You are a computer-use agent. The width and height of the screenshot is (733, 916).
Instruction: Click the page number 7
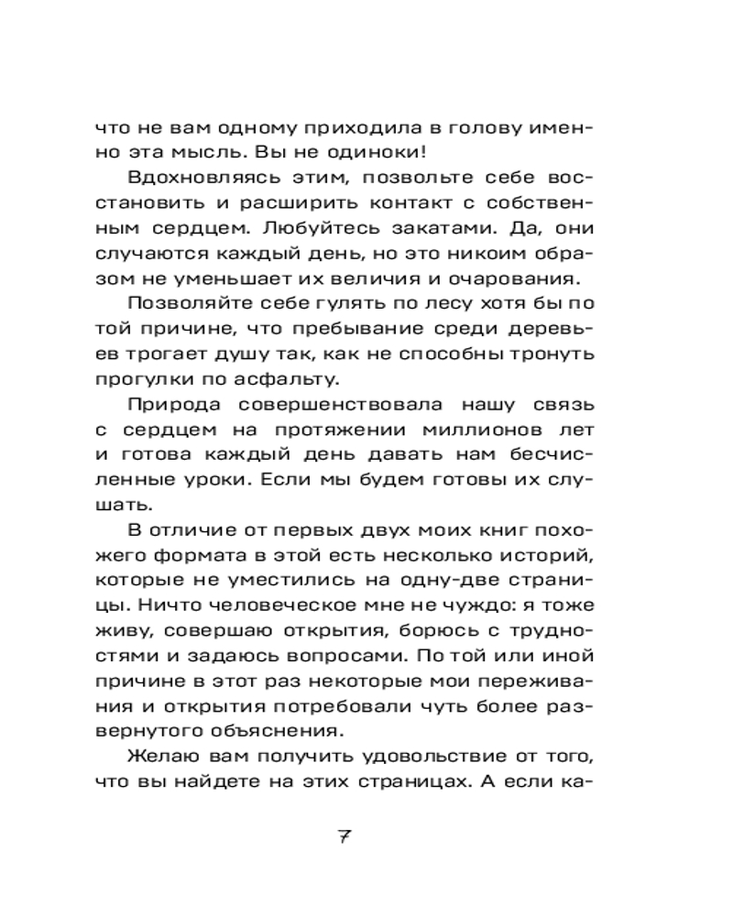point(345,835)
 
